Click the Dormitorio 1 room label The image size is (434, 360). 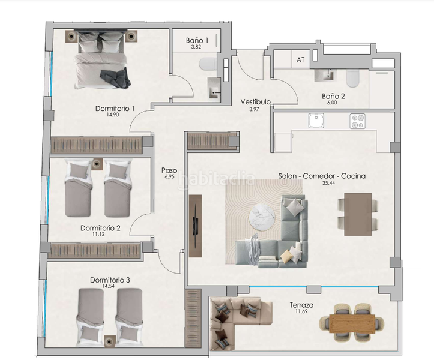[115, 109]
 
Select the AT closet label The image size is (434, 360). [300, 60]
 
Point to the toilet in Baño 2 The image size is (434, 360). [353, 77]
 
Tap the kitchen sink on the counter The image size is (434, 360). [316, 122]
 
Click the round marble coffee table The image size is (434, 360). [262, 214]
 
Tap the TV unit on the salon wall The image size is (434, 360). [195, 226]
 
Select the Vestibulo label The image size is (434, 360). [253, 101]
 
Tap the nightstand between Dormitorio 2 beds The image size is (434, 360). [97, 161]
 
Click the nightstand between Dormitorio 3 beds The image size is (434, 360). [109, 341]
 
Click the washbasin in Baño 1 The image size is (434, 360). [214, 88]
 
